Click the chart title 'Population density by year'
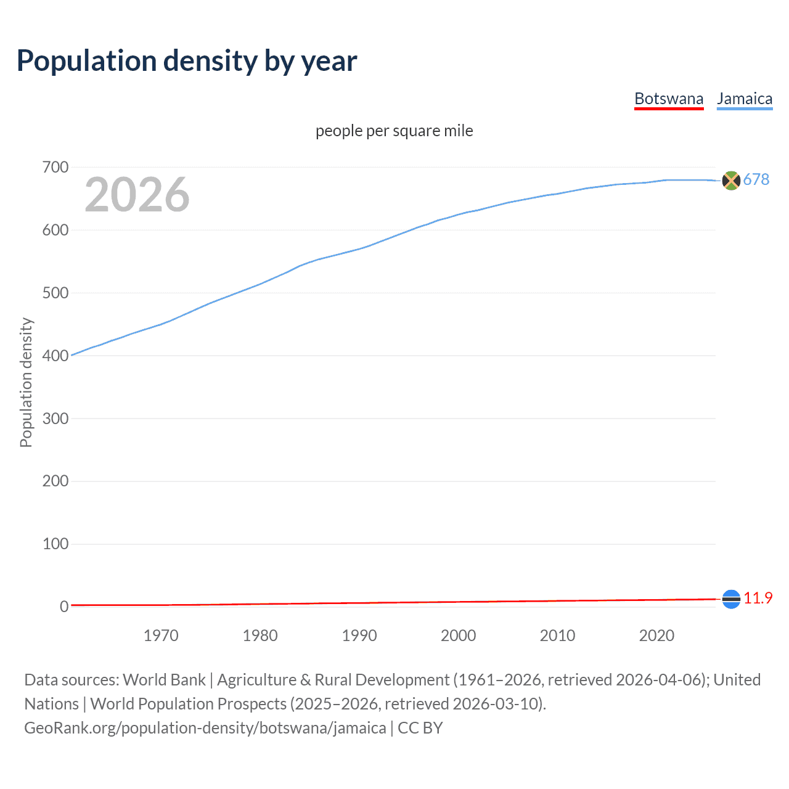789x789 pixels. point(187,60)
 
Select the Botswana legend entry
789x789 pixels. point(669,99)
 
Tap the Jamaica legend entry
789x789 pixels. point(745,99)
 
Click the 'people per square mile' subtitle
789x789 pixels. point(394,131)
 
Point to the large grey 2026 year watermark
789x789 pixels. point(137,195)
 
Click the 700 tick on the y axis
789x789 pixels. point(55,167)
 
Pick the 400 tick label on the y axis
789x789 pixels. point(55,356)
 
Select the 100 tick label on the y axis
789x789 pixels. point(55,544)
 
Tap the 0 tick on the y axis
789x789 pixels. point(63,607)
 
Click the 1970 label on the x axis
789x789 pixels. point(161,636)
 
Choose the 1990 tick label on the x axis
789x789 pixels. point(359,636)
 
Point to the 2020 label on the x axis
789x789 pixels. point(656,636)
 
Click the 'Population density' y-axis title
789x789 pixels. point(26,382)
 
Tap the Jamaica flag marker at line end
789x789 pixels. point(731,180)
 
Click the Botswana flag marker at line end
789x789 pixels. point(731,599)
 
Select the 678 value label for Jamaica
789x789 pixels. point(756,179)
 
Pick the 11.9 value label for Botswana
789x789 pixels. point(758,598)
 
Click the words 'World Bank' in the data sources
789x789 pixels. point(164,679)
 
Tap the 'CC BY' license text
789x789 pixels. point(420,727)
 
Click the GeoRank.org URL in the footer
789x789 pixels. point(205,727)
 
